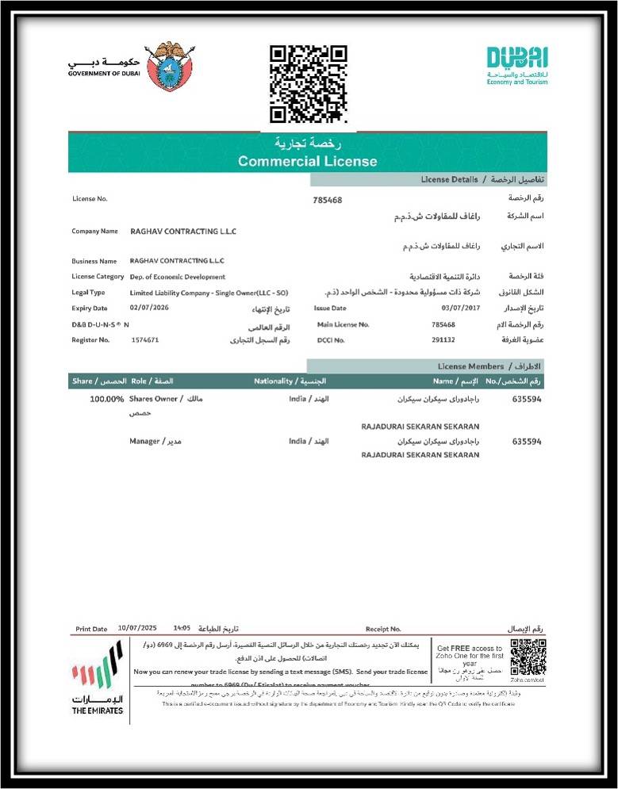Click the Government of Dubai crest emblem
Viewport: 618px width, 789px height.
click(169, 67)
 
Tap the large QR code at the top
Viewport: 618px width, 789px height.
click(308, 84)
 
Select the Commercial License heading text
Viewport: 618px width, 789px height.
click(308, 161)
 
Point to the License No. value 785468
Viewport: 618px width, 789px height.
click(328, 200)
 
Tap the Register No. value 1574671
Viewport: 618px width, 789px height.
click(145, 339)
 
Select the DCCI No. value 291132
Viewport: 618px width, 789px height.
click(443, 339)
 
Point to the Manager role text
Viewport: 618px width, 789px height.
click(145, 441)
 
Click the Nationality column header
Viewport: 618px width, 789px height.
click(274, 381)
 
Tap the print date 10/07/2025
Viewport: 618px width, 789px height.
click(136, 628)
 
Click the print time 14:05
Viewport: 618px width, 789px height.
click(182, 628)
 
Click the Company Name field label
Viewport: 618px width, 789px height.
click(94, 232)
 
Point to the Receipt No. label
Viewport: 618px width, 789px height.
click(383, 629)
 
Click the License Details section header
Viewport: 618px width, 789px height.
click(449, 180)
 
